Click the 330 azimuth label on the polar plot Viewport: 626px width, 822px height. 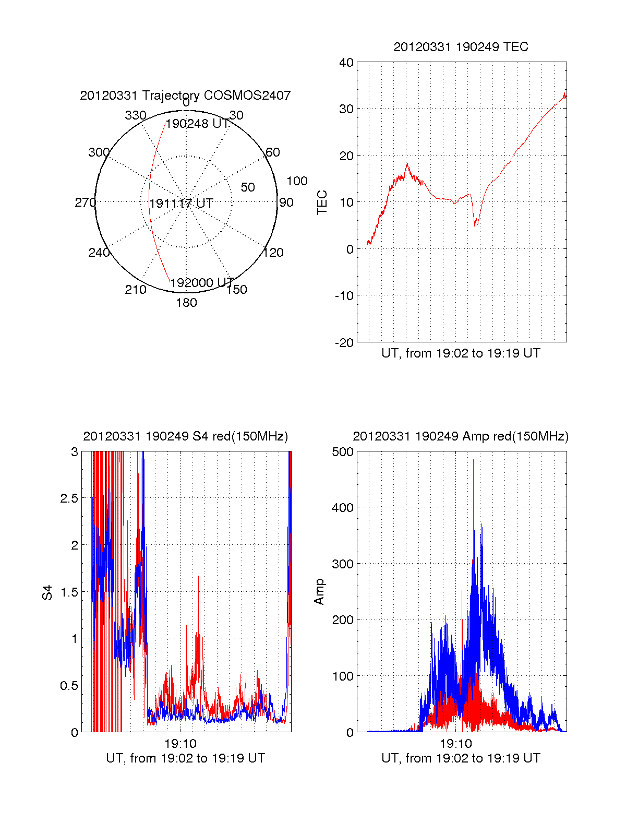coord(135,115)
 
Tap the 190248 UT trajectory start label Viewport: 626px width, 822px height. coord(197,124)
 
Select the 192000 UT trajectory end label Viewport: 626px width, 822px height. coord(202,283)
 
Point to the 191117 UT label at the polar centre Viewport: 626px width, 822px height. coord(181,204)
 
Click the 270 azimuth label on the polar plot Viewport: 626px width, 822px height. coord(85,202)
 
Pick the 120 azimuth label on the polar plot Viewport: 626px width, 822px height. coord(273,253)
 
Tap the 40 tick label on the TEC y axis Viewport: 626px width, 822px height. coord(346,63)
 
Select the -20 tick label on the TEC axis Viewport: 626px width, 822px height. coord(344,343)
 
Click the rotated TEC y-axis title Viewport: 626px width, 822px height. coord(322,202)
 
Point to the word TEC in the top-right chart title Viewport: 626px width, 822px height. coord(516,47)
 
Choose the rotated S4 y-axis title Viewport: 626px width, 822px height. coord(47,592)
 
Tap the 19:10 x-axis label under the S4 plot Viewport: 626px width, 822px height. coord(180,743)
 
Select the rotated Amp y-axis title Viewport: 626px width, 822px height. coord(319,592)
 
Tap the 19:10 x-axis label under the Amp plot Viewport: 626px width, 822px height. coord(455,743)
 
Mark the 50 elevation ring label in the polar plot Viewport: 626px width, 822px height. coord(248,187)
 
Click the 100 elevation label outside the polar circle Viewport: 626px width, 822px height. coord(297,181)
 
